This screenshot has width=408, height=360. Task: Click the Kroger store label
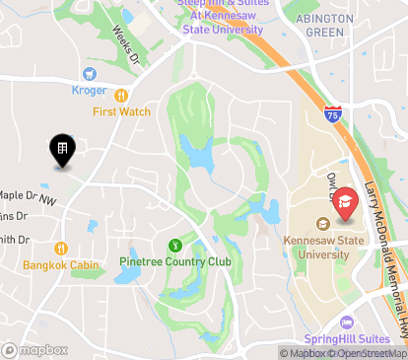[90, 91]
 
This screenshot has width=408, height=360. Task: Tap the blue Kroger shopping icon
[90, 74]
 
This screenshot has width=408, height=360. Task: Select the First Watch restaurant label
[121, 111]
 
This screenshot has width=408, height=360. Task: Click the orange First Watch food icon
[121, 96]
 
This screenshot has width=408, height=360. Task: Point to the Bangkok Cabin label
[62, 265]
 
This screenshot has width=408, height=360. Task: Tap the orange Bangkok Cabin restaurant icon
[61, 249]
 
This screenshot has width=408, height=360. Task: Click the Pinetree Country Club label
[175, 261]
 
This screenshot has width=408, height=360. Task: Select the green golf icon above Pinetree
[175, 245]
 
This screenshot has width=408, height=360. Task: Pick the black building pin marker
[61, 149]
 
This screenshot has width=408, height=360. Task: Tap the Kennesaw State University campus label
[316, 248]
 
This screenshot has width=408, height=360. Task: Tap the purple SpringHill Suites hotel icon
[346, 322]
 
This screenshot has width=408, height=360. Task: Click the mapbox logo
[35, 349]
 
